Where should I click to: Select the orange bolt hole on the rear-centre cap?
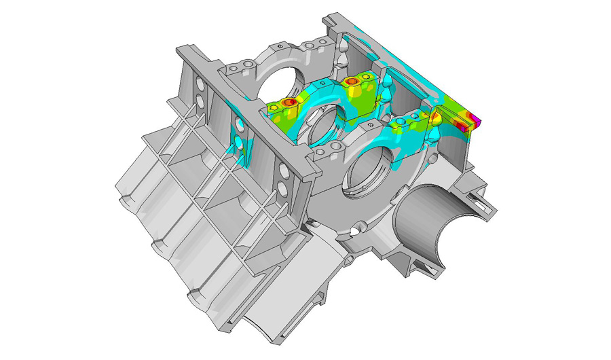pyautogui.click(x=351, y=82)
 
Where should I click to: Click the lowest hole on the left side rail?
pyautogui.click(x=282, y=185)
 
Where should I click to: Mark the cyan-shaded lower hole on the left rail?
pyautogui.click(x=239, y=143)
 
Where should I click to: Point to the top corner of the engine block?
pyautogui.click(x=333, y=15)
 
